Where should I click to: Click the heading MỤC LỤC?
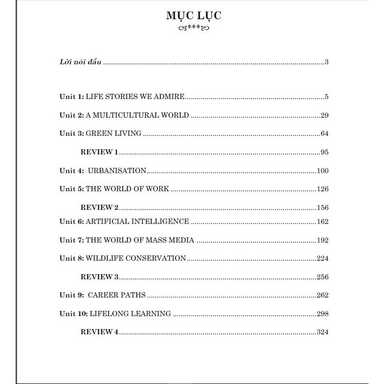coord(193,16)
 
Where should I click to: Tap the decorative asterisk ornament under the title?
coord(193,28)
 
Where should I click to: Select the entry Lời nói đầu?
coord(80,62)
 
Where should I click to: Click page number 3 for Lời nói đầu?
coord(327,62)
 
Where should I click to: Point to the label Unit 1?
coord(71,96)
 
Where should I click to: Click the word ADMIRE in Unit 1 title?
coord(170,96)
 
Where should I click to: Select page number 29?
coord(325,115)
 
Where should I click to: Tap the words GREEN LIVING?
coord(113,133)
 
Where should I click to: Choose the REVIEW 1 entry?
coord(99,152)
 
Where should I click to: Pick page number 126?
coord(322,189)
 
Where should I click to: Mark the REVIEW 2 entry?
coord(99,207)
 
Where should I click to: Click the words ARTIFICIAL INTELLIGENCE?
coord(137,221)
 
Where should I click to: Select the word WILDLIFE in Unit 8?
coord(104,258)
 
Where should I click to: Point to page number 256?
coord(322,277)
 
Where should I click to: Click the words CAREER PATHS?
coord(117,295)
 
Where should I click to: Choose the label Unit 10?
coord(73,314)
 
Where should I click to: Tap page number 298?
coord(322,314)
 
